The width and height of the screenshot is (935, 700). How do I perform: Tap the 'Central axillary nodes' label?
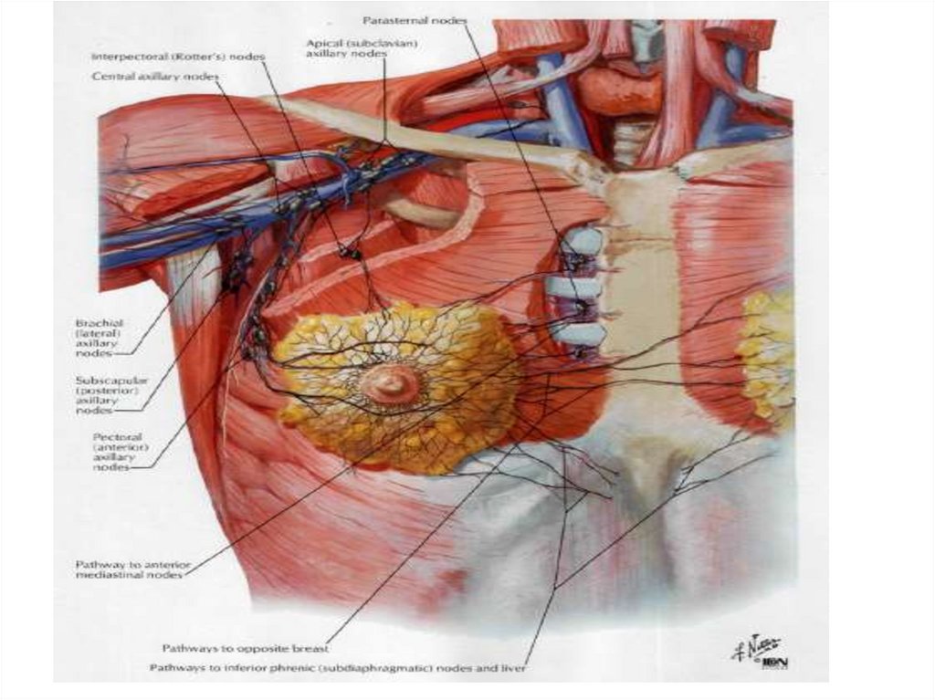[154, 77]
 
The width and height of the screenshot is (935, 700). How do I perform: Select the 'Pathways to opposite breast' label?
[244, 648]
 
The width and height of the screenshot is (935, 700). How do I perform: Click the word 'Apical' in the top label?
[322, 42]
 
